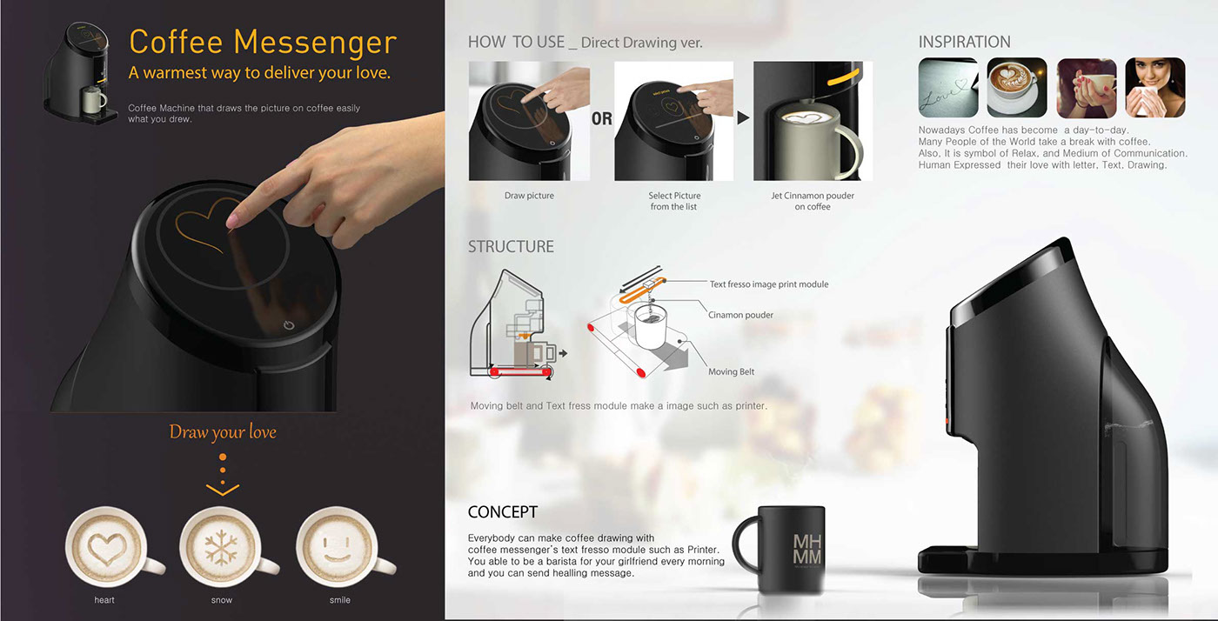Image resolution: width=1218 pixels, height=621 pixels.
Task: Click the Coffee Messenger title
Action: pos(262,42)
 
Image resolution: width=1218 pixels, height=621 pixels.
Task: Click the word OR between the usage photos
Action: pos(602,118)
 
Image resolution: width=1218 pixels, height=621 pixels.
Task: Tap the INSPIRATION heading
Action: pos(964,42)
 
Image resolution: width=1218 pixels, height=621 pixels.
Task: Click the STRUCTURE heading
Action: pos(511,247)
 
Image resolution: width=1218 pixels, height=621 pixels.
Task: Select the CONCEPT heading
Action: pos(502,512)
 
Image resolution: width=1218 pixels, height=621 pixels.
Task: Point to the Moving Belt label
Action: pos(731,371)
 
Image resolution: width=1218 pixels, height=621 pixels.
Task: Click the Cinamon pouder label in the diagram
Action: pos(740,315)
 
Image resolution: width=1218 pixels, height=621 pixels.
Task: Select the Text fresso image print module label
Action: pos(769,284)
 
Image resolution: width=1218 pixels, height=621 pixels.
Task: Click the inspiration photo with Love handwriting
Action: pos(947,88)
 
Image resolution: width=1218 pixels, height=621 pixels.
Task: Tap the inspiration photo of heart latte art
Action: pos(1017,88)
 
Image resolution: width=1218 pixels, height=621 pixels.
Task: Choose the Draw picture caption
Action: pos(529,196)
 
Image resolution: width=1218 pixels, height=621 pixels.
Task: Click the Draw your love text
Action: pos(223,432)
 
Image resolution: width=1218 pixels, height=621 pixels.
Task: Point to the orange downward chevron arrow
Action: pos(223,490)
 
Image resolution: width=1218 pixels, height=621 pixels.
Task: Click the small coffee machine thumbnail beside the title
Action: pos(80,72)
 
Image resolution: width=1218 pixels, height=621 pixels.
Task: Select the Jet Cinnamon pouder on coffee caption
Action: pos(813,201)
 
